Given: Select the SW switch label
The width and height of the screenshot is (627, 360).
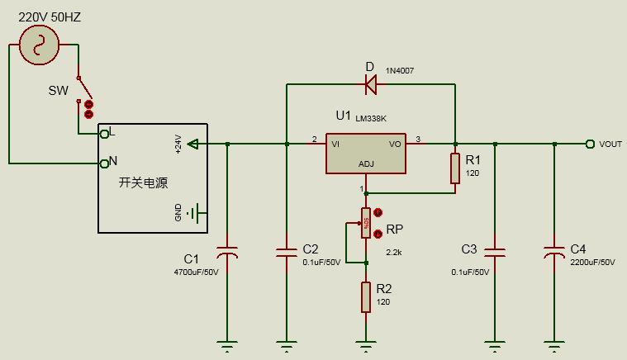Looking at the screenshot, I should coord(58,90).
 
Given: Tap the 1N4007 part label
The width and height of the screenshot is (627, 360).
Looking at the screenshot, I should coord(400,71).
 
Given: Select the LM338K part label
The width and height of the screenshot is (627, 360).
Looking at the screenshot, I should coord(371,118).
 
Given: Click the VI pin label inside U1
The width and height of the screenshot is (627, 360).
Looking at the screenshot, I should coord(336,143).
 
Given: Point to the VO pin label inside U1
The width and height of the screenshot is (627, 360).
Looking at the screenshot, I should coord(394,143).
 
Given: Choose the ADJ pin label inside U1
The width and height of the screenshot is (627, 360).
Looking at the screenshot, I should coord(365,163).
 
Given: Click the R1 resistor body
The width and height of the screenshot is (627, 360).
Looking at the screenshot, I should coord(454,168).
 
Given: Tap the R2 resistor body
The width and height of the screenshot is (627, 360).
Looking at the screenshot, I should coord(366,296).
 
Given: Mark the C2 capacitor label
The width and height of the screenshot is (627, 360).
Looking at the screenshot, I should coord(311,249).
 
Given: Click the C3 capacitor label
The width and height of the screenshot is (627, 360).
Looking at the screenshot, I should coord(469,249).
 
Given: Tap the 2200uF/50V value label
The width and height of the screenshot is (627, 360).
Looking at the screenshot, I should coord(592,262).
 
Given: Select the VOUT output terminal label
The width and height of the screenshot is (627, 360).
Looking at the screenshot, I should coord(610,144).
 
